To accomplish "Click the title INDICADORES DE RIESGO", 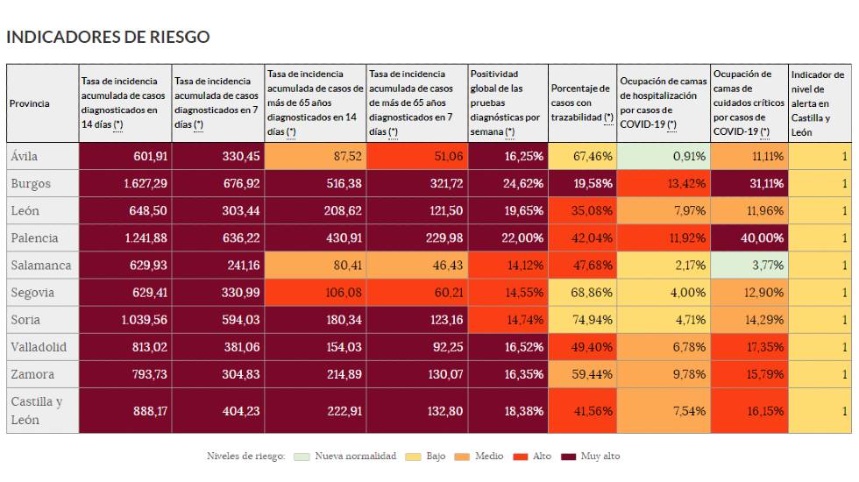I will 108,37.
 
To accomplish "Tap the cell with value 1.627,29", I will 124,184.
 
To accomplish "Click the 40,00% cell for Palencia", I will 748,238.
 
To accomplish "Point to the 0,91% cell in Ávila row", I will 663,157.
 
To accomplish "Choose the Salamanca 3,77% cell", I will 748,266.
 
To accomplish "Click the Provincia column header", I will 30,103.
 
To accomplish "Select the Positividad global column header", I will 507,103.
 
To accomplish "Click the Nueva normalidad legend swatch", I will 302,457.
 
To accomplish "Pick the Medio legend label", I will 489,457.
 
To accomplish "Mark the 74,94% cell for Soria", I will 582,320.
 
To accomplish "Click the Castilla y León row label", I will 36,411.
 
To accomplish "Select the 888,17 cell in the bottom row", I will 124,411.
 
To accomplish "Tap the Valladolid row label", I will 39,347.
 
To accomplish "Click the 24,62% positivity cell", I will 508,184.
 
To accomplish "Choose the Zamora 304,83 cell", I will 217,374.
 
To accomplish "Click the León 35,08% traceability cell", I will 582,211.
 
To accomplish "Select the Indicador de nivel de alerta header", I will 820,103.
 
